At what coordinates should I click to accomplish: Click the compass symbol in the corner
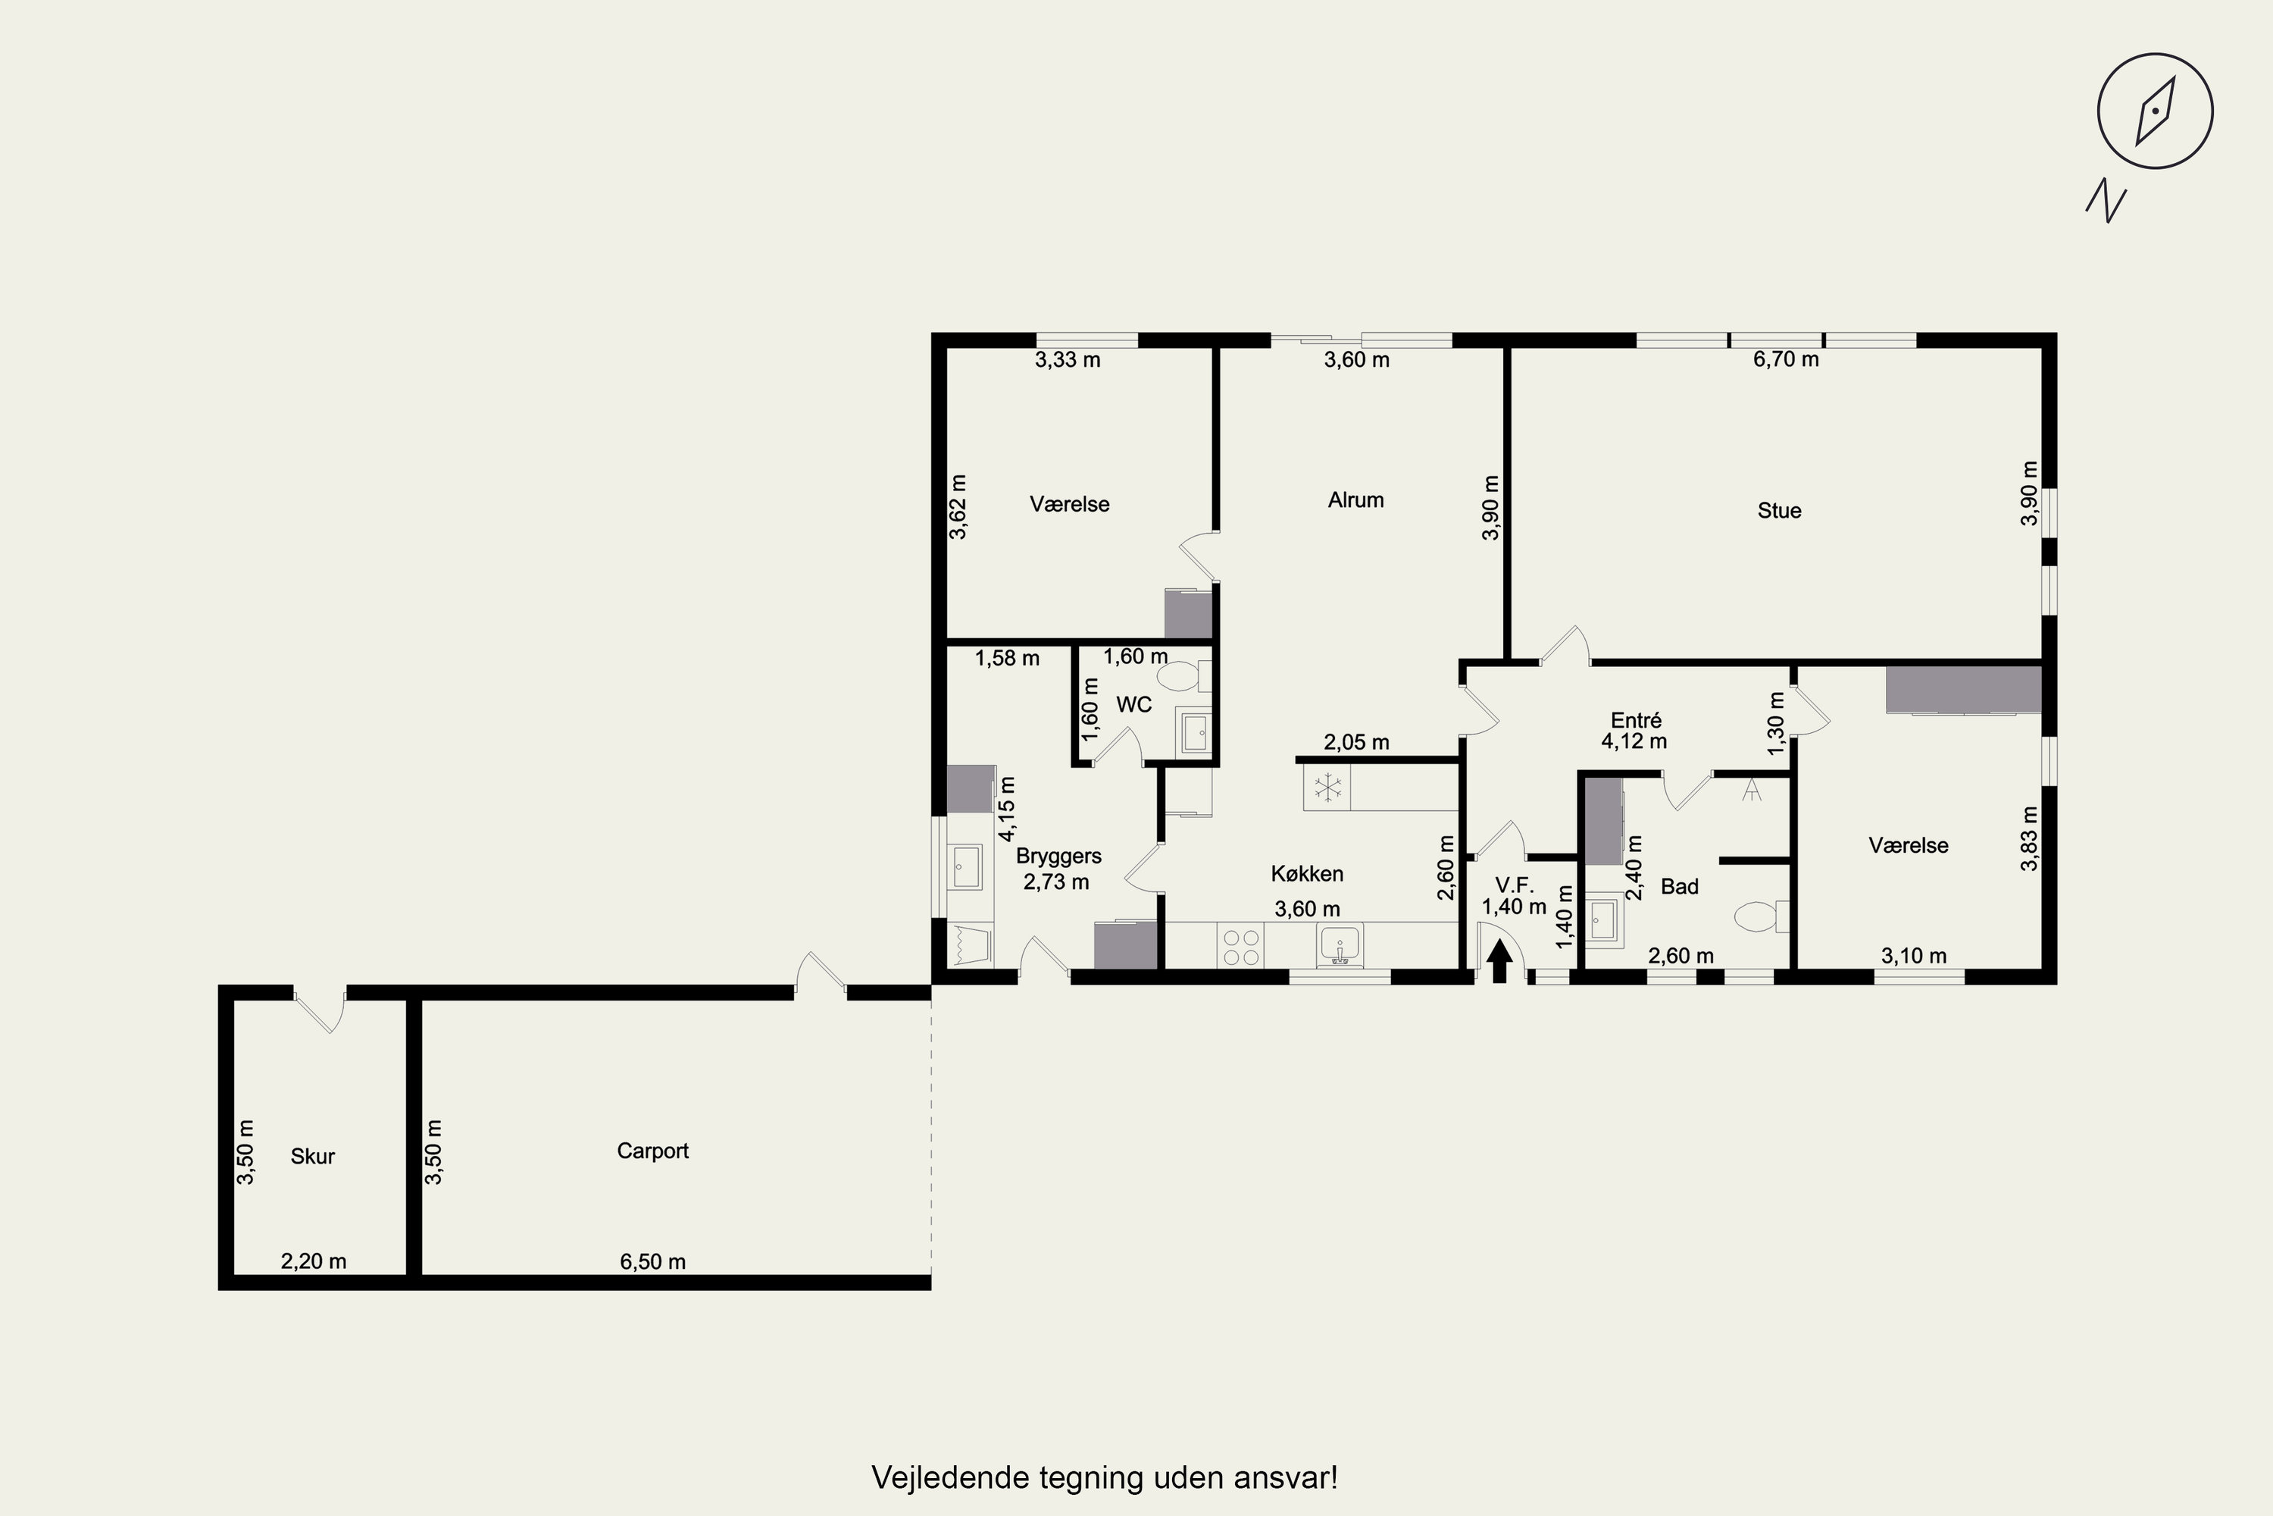2155,111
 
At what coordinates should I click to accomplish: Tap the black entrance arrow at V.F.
1500,961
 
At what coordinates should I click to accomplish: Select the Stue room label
1779,510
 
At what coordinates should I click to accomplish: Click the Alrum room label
1356,500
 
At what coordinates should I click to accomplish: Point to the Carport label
653,1151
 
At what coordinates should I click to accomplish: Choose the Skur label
313,1157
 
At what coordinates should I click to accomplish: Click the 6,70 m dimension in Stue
1786,359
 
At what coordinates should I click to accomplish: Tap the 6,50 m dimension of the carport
653,1262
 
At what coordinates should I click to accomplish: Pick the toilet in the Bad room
1762,916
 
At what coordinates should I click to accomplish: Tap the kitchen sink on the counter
1340,945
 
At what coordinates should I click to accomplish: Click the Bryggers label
1058,857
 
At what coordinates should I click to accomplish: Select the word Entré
1636,720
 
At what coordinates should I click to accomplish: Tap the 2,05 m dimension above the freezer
1357,743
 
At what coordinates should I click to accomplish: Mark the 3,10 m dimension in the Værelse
1915,956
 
